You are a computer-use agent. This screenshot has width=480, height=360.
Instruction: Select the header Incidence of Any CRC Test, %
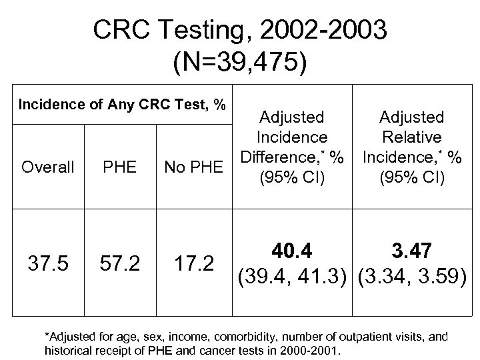122,105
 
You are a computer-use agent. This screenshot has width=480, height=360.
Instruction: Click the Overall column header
48,167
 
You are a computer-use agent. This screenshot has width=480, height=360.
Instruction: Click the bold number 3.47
411,252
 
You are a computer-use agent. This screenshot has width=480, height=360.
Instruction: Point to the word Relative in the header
411,137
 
